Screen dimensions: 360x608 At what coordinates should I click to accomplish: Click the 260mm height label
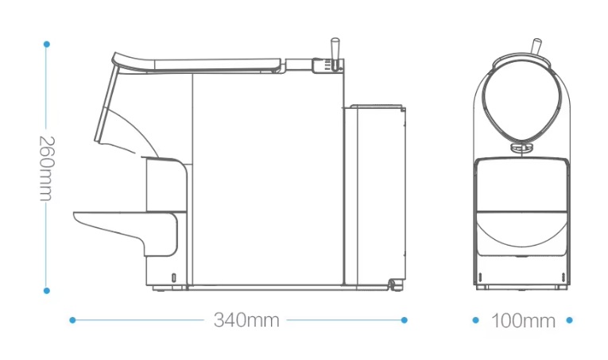coord(46,167)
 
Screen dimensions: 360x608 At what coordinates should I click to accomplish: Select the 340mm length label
coord(246,320)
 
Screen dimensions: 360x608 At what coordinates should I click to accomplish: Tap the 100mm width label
coord(522,321)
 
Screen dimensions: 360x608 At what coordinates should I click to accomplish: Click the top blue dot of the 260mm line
coord(47,43)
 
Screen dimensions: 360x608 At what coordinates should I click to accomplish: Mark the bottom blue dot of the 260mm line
coord(47,291)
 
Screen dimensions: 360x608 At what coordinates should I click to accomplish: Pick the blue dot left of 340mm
coord(72,320)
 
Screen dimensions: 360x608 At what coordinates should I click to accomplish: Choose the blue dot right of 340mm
coord(404,320)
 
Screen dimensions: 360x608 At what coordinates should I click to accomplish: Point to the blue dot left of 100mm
coord(475,320)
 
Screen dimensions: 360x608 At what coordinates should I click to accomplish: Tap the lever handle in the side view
coord(335,48)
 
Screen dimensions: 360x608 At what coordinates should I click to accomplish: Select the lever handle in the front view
coord(538,47)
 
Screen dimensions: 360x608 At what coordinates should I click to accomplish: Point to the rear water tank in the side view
coord(374,195)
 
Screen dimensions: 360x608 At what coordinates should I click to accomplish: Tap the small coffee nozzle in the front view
coord(521,147)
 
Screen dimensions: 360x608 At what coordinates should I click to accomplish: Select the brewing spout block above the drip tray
coord(165,184)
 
